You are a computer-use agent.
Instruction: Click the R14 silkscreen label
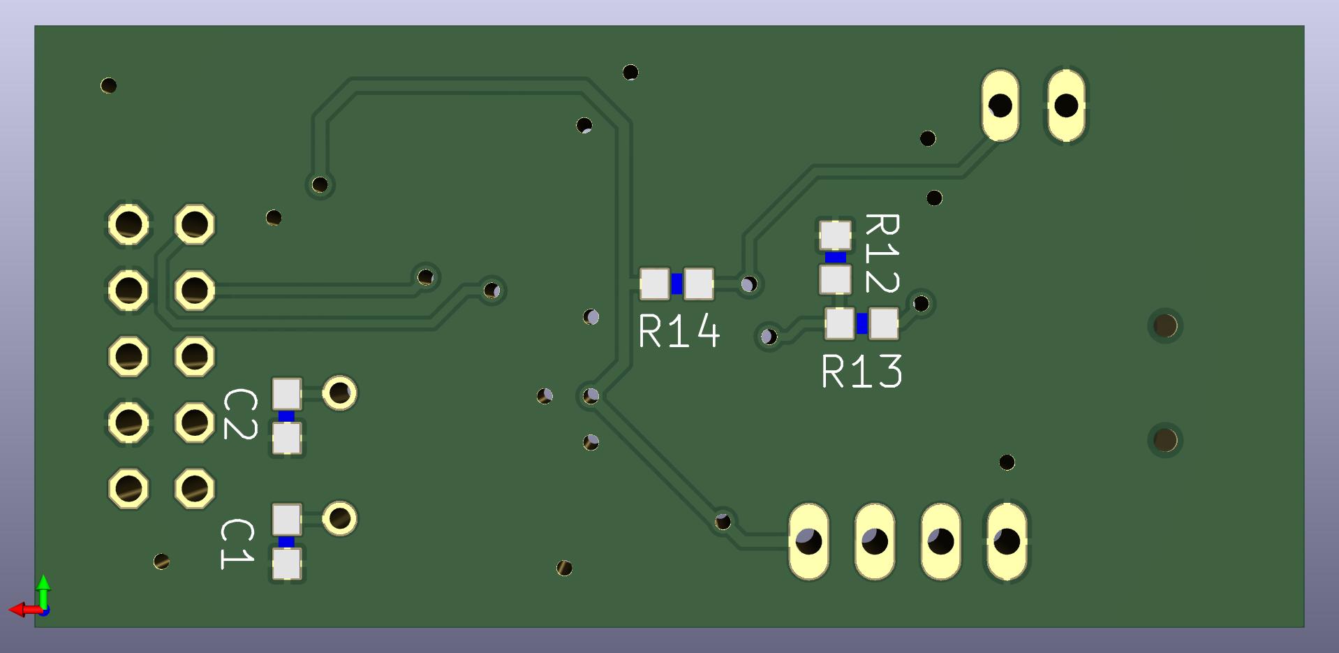[x=679, y=330]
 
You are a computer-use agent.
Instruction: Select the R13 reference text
[x=862, y=371]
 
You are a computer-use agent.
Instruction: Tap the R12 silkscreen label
[x=882, y=253]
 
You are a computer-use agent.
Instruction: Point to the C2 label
[x=240, y=414]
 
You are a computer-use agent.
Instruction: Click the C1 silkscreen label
[x=237, y=544]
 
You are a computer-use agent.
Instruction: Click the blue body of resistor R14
[x=676, y=284]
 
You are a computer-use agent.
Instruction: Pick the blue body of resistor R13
[x=862, y=323]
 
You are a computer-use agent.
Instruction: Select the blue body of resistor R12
[x=835, y=257]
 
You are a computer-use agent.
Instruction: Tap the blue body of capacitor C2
[x=286, y=416]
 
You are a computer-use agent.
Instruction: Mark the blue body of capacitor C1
[x=286, y=541]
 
